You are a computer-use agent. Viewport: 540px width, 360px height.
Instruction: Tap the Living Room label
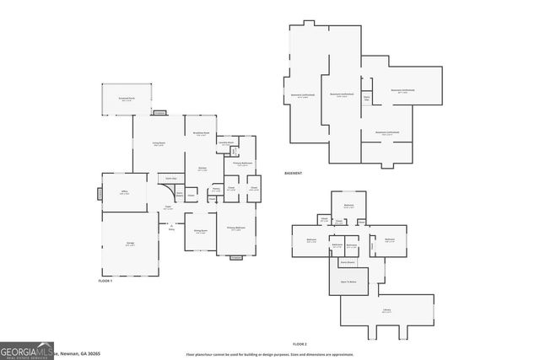tap(159, 145)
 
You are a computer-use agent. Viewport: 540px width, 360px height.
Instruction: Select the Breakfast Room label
tap(202, 133)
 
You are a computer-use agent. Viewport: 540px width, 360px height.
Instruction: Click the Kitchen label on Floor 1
tap(202, 169)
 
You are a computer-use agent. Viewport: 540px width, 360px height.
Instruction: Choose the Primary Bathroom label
tap(242, 164)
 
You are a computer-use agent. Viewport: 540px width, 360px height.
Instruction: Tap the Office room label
tap(124, 193)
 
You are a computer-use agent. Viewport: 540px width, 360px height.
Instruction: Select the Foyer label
tap(168, 208)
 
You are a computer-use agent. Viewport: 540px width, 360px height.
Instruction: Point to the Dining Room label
tap(201, 232)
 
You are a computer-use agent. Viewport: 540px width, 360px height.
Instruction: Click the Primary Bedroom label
tap(235, 228)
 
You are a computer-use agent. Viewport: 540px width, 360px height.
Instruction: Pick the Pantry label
tap(217, 189)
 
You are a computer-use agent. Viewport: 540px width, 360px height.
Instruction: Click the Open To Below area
tap(348, 282)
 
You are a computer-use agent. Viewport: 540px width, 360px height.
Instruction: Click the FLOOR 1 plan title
tap(105, 279)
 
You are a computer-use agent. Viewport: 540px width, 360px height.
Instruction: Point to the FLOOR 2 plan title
tap(300, 344)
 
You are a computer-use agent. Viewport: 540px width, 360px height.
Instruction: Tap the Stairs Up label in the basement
tap(366, 99)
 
